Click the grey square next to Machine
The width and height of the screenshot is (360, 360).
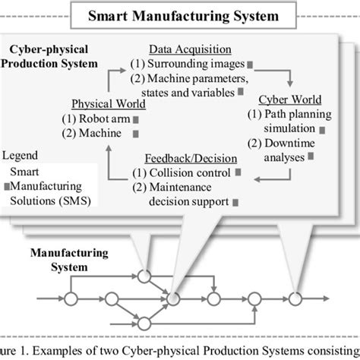tap(130, 134)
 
